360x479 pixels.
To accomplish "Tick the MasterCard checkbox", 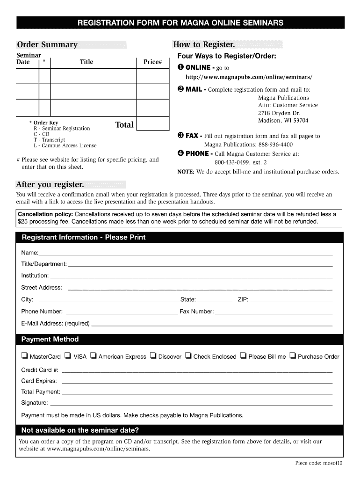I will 24,356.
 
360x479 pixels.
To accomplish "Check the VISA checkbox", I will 68,356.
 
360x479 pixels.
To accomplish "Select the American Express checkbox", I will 93,356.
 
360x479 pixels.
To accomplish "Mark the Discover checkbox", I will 153,356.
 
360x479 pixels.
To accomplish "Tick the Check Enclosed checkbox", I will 188,356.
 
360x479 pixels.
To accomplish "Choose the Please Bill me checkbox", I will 243,356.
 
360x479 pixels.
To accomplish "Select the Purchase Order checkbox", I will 293,356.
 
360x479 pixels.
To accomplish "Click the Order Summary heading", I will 47,45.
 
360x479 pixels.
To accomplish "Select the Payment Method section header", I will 50,339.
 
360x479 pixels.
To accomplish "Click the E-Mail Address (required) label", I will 55,323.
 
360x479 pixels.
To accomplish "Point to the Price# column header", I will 152,62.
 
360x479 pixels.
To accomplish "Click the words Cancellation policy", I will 42,214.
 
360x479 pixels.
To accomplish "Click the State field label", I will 188,299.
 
